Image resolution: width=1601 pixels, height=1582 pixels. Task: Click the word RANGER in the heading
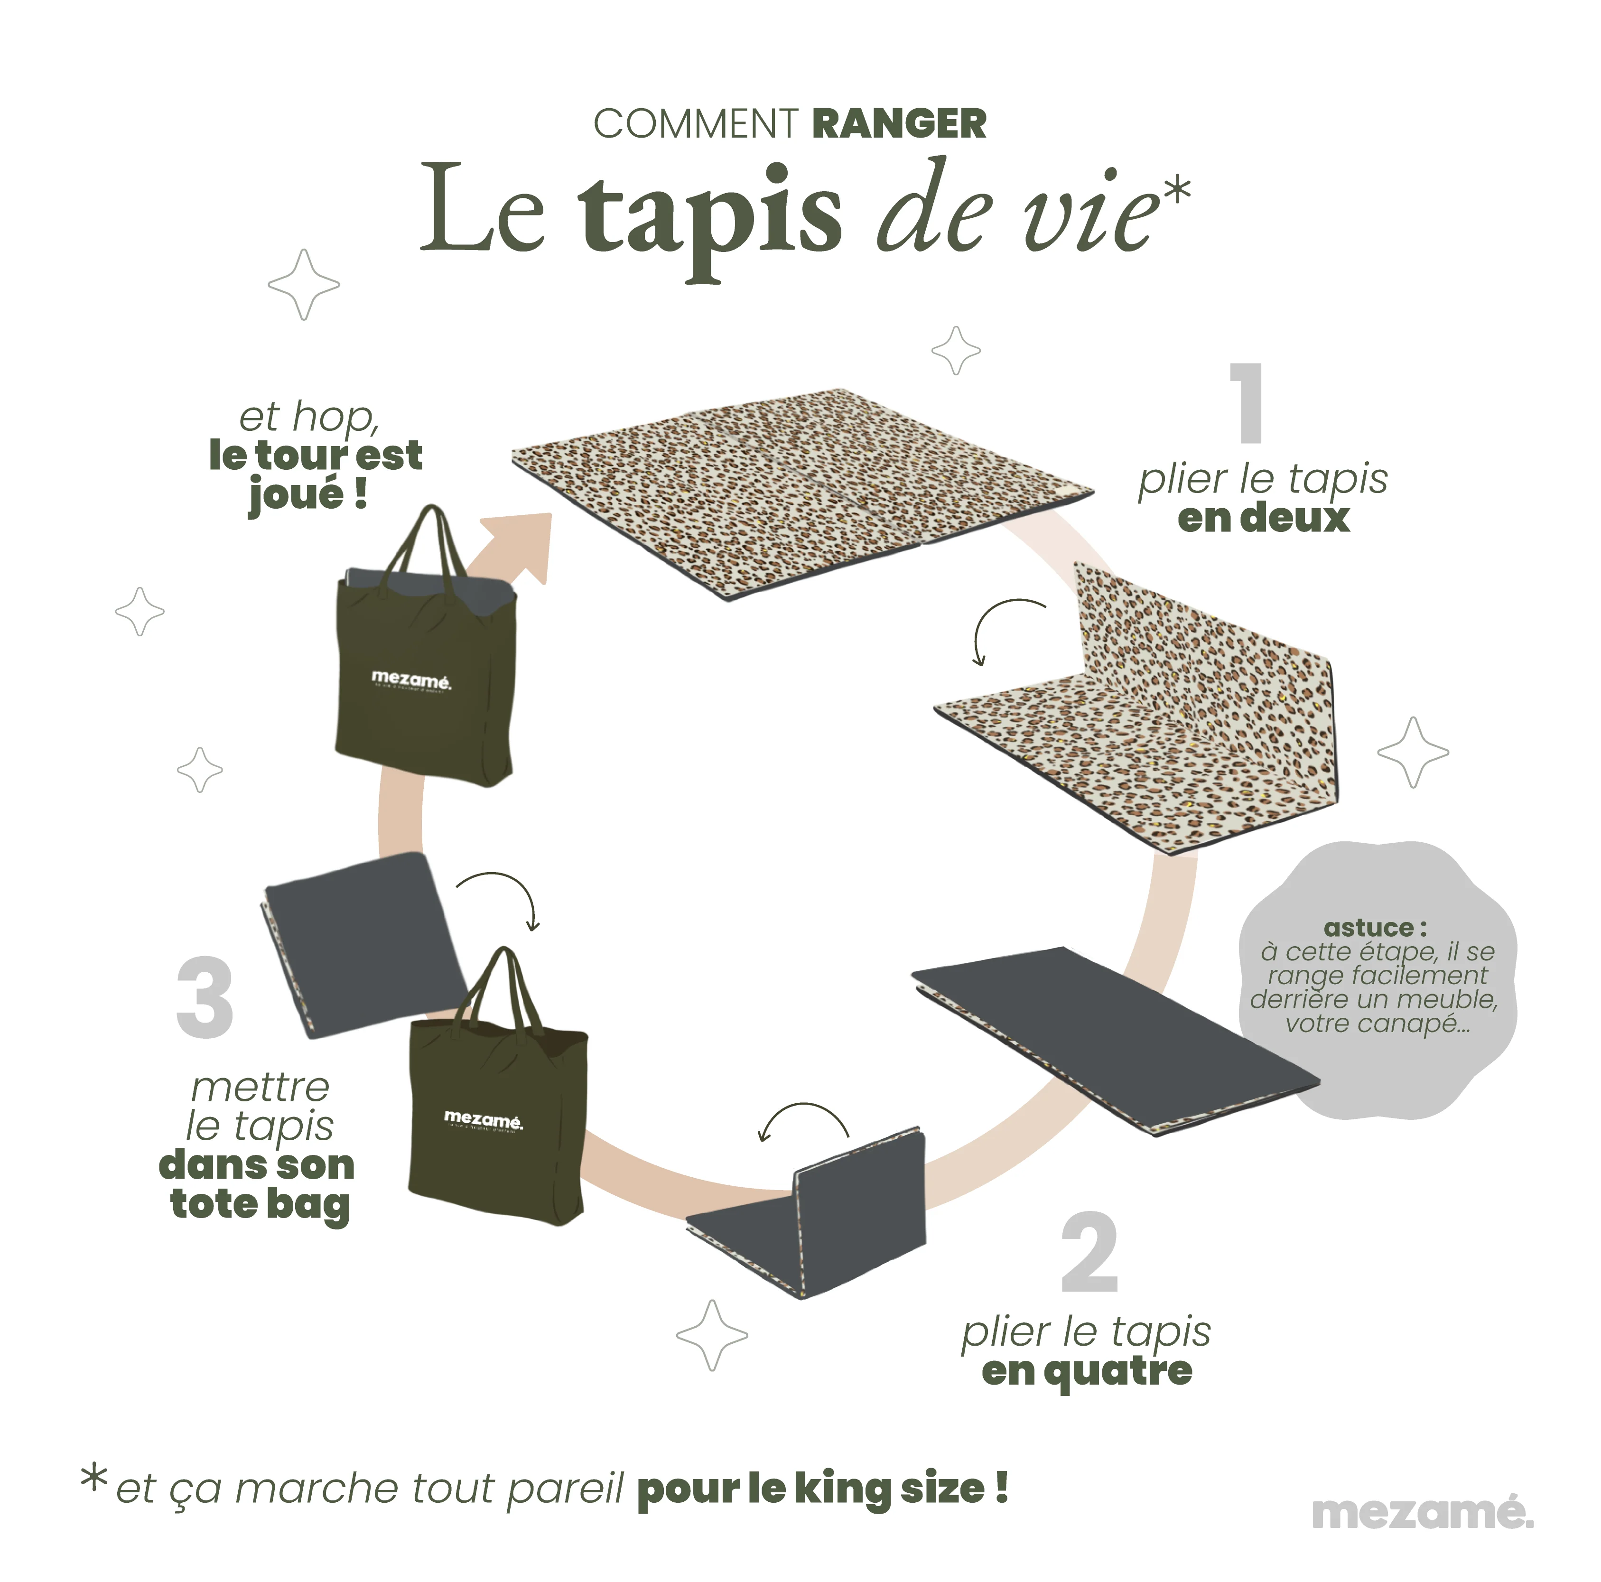(899, 124)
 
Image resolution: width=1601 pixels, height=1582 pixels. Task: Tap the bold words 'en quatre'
(1087, 1371)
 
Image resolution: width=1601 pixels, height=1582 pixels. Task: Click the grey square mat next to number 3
(364, 945)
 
